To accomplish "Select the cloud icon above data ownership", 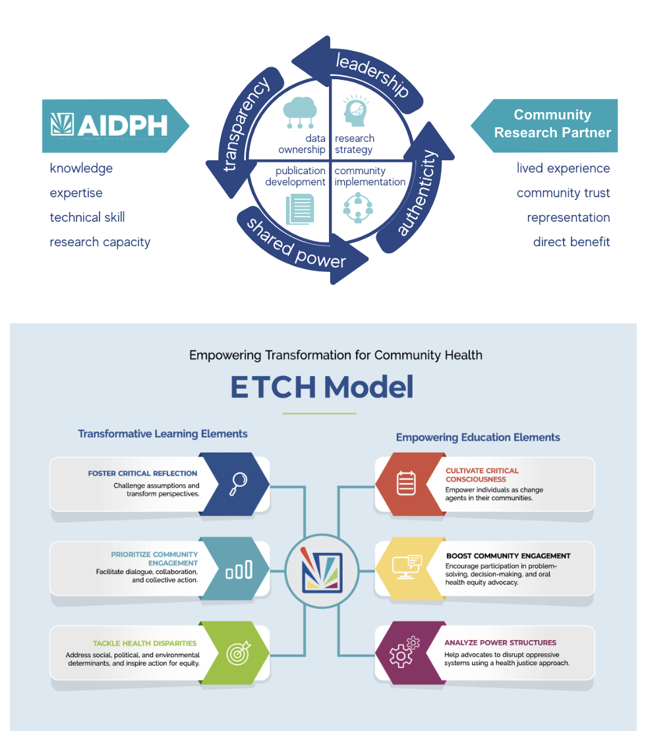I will click(299, 111).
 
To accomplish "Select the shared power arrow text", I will click(297, 244).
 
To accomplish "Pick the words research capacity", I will click(100, 242).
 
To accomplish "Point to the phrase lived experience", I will click(563, 168).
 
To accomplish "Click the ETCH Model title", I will click(322, 387).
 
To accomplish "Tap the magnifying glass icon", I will click(237, 484).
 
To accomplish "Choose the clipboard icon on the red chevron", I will click(406, 484).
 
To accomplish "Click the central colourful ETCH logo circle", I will click(322, 569).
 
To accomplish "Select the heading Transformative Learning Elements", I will click(163, 433).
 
